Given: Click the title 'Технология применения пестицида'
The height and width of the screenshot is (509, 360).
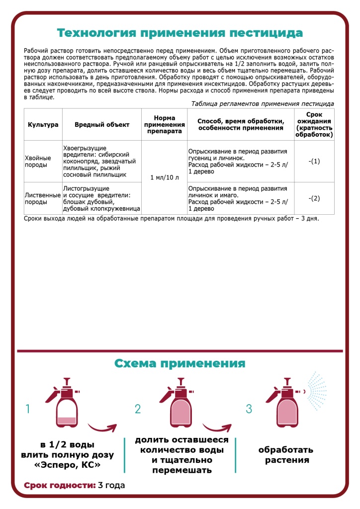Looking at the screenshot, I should [180, 33].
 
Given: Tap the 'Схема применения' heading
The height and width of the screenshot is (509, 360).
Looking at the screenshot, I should [180, 363].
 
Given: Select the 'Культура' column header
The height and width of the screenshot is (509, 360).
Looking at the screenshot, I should [43, 124].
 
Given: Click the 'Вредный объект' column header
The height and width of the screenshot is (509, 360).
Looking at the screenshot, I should [102, 124].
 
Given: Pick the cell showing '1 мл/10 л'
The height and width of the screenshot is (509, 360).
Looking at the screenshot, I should [164, 177].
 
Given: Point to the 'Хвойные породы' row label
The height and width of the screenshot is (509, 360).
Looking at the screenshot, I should [38, 161].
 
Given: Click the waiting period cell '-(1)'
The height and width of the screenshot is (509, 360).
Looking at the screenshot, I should [314, 161].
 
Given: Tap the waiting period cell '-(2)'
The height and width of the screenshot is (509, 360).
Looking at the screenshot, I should [314, 198].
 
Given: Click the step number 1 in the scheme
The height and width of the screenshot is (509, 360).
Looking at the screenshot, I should [28, 409].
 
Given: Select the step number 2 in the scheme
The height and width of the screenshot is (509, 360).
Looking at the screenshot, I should [138, 409].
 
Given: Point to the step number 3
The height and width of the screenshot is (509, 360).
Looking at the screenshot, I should [249, 409].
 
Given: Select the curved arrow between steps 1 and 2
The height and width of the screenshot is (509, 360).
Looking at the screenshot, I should [102, 427].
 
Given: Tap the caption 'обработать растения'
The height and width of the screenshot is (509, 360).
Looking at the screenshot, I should [285, 455].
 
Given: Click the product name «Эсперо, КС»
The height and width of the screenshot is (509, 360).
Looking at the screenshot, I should [68, 465].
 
